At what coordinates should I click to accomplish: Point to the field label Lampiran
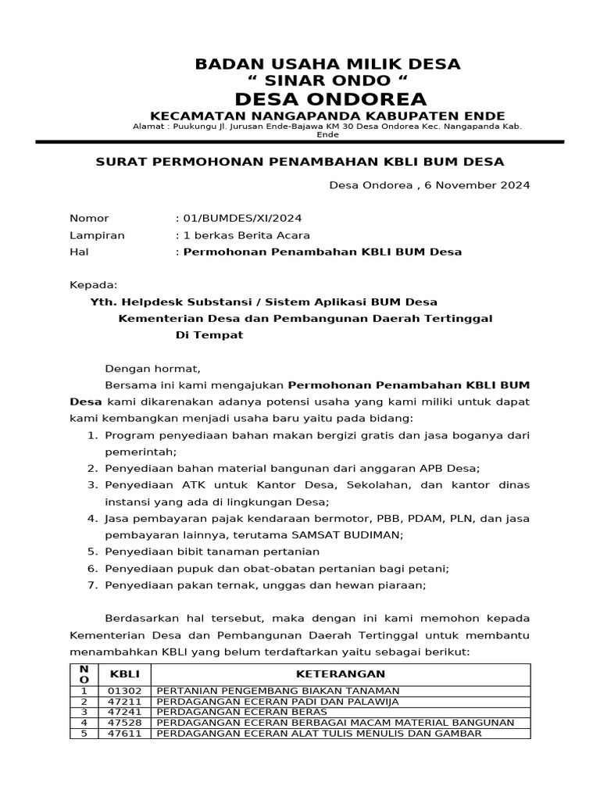click(x=97, y=235)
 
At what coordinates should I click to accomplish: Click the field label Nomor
click(x=89, y=219)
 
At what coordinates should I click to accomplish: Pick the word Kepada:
click(x=93, y=285)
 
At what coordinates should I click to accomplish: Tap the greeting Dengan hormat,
click(x=153, y=369)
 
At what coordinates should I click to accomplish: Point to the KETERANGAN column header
click(x=341, y=673)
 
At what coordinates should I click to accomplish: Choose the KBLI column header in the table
click(x=123, y=673)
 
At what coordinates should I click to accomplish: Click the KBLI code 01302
click(x=123, y=691)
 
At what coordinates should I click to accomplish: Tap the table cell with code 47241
click(x=123, y=712)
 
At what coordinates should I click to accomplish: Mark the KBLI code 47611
click(x=123, y=734)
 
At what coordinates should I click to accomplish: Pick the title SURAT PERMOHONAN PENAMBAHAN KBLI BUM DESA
click(x=299, y=162)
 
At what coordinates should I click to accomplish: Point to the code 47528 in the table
click(x=123, y=723)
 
